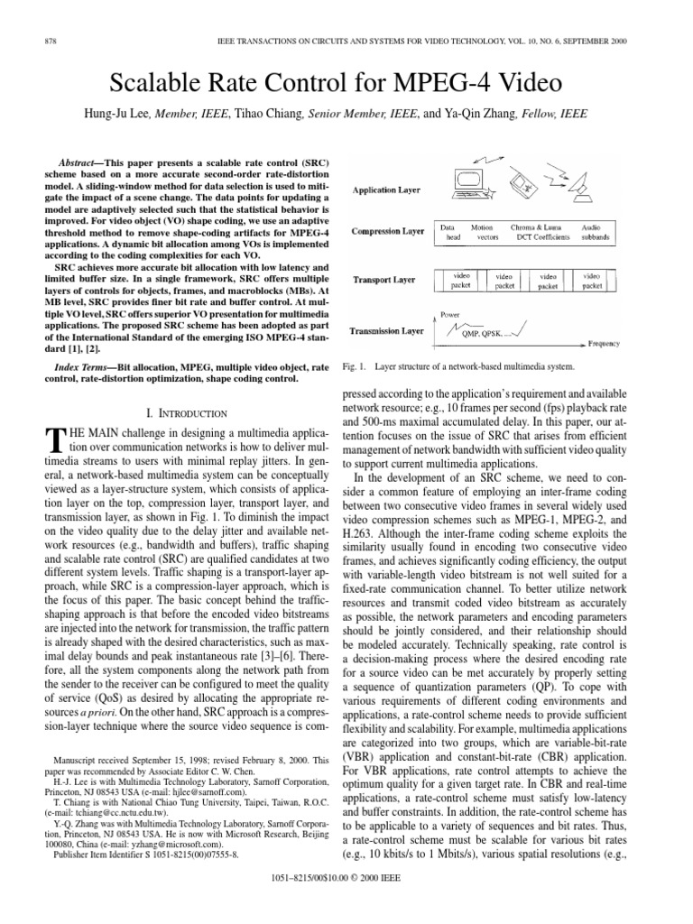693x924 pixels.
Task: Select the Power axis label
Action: pos(449,315)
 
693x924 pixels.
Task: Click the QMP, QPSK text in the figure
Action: pos(484,333)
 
